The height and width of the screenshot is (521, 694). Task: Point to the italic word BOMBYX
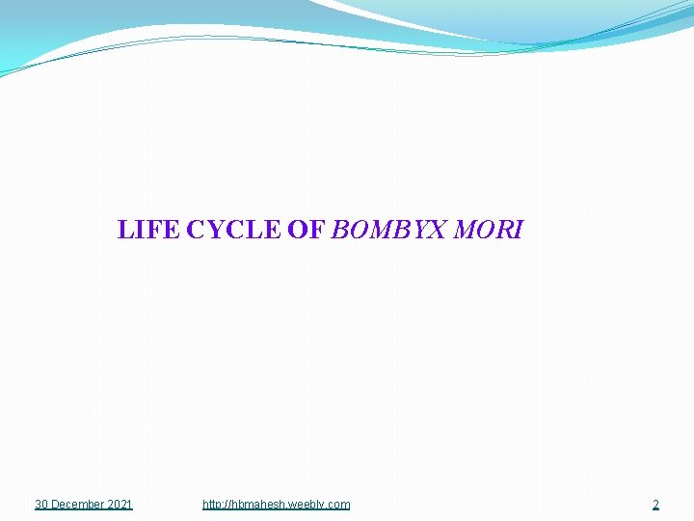coord(387,231)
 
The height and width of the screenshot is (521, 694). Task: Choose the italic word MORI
coord(488,231)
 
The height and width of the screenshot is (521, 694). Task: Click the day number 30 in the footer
coord(41,505)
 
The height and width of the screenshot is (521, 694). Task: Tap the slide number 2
coord(655,505)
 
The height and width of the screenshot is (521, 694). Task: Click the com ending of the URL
coord(340,505)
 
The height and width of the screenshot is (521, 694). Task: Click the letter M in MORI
coord(464,231)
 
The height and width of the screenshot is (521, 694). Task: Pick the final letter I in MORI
coord(518,231)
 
